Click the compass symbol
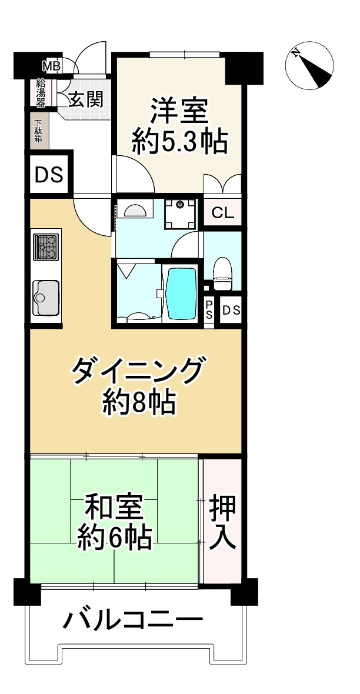tap(309, 66)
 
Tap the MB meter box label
tap(51, 65)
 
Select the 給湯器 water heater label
tap(41, 93)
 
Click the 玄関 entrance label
tap(86, 99)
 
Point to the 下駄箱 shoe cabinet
tap(39, 131)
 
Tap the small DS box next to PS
tap(231, 310)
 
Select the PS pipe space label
tap(209, 310)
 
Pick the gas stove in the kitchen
tap(46, 247)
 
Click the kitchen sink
tap(45, 297)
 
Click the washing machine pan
tap(179, 214)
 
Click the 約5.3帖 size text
tap(179, 142)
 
